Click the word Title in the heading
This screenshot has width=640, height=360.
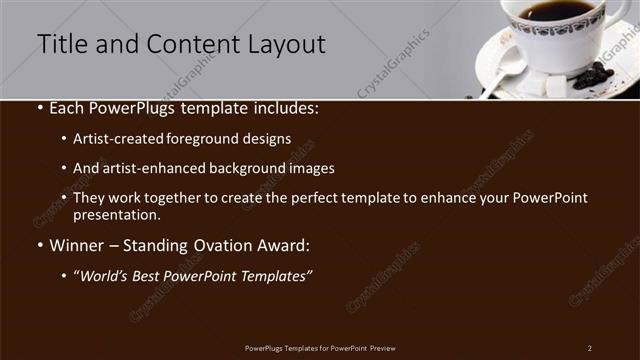[x=60, y=44]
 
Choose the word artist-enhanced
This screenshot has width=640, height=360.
[x=151, y=168]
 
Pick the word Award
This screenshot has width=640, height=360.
[x=287, y=245]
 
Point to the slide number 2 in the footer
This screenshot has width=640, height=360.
[x=589, y=347]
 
